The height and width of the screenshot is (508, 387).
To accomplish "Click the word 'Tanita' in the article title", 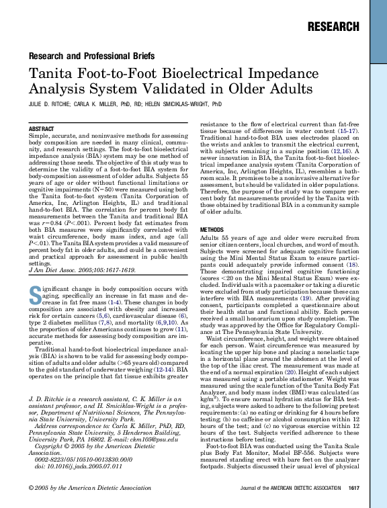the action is [x=52, y=73].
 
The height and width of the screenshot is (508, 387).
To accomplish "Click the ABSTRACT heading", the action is [x=42, y=128].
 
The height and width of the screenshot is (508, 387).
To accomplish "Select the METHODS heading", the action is [x=212, y=230].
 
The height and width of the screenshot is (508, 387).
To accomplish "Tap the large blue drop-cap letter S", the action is [x=36, y=293].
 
